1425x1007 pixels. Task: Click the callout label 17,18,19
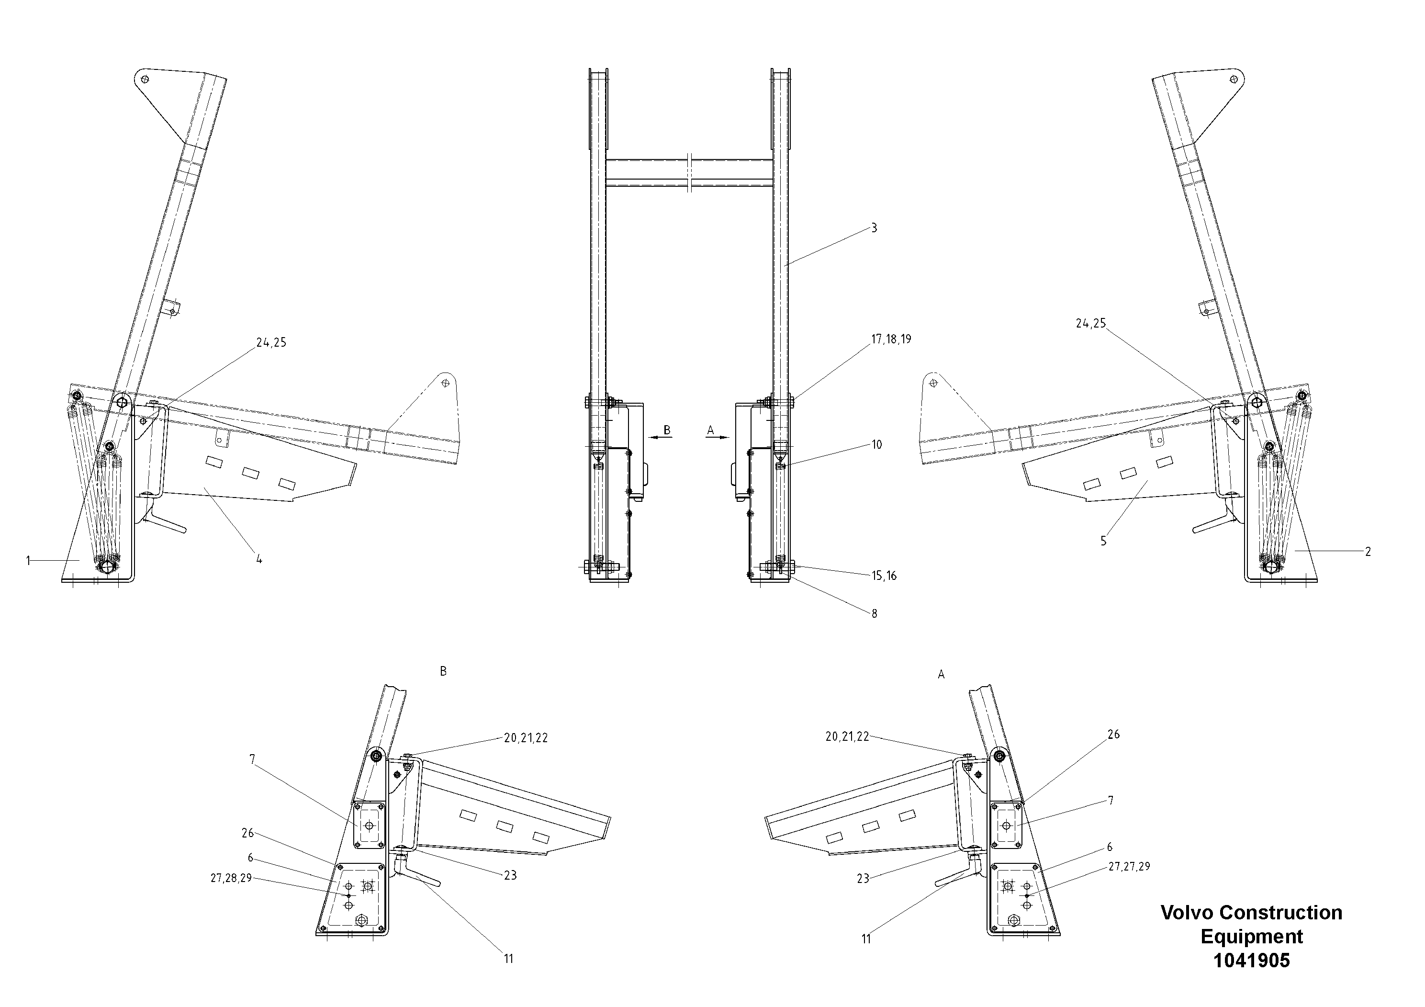pyautogui.click(x=891, y=339)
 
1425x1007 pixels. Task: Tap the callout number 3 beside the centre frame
pyautogui.click(x=874, y=228)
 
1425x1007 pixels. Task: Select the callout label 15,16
pyautogui.click(x=884, y=576)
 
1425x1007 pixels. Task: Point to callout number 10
pyautogui.click(x=876, y=444)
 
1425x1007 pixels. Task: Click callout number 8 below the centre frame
pyautogui.click(x=874, y=614)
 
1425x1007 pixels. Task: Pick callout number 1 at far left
pyautogui.click(x=28, y=561)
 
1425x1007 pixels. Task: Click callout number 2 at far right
pyautogui.click(x=1367, y=551)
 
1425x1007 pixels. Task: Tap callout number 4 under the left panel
pyautogui.click(x=259, y=559)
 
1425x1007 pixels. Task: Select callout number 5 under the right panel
pyautogui.click(x=1103, y=542)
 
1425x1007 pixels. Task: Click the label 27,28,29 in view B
pyautogui.click(x=231, y=878)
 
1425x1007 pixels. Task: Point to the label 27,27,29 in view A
pyautogui.click(x=1129, y=867)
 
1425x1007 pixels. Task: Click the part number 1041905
pyautogui.click(x=1251, y=961)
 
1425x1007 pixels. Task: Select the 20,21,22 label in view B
pyautogui.click(x=526, y=738)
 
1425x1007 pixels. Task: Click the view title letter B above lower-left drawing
pyautogui.click(x=443, y=671)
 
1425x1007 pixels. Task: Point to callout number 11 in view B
pyautogui.click(x=508, y=959)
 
